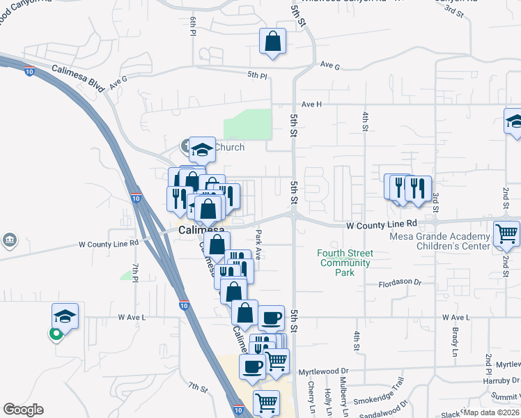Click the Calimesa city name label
[x=201, y=230]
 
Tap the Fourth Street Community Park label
[x=344, y=263]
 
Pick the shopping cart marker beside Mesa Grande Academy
[x=506, y=235]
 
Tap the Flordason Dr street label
[x=399, y=282]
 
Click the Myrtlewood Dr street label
[x=323, y=372]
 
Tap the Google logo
[x=23, y=410]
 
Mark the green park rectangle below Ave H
[x=247, y=124]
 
